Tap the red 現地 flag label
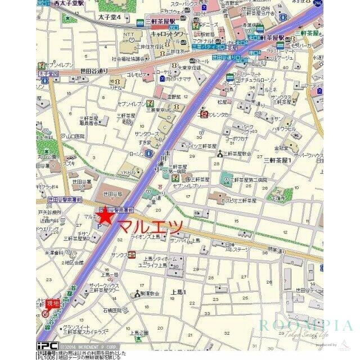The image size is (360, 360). click(x=52, y=303)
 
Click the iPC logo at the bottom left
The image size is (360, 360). click(x=47, y=345)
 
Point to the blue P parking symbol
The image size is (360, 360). click(x=100, y=226)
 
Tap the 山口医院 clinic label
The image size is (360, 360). click(x=75, y=136)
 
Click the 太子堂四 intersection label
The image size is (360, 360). click(x=48, y=74)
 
